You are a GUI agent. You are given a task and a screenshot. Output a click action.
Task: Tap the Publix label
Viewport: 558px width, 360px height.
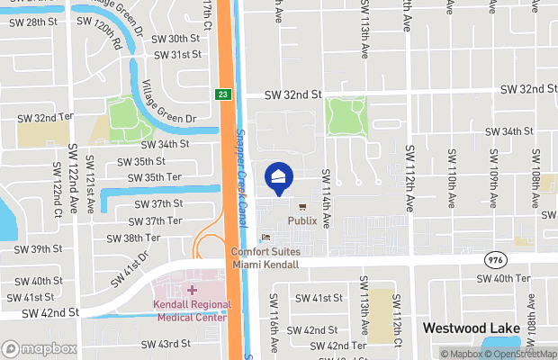(302, 220)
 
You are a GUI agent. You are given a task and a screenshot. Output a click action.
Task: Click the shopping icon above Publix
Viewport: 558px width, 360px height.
(301, 206)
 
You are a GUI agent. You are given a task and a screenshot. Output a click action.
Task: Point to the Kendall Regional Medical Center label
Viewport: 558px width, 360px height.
(191, 310)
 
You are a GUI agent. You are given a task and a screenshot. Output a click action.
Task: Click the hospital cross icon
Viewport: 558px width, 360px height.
(191, 291)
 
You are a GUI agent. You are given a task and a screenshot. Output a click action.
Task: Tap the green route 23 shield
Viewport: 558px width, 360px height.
(222, 94)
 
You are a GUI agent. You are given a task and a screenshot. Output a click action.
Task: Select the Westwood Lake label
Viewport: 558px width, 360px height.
(472, 328)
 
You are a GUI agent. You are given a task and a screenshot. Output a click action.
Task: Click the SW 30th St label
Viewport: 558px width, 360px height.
(175, 39)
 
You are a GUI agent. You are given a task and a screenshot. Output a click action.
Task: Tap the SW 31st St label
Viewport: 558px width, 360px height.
(176, 55)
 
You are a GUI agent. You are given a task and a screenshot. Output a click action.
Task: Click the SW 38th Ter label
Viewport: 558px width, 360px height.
(133, 238)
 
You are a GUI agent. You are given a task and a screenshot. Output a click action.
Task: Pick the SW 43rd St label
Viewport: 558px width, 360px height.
(161, 344)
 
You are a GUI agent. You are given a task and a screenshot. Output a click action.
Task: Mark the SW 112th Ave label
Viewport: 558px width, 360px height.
(409, 176)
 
